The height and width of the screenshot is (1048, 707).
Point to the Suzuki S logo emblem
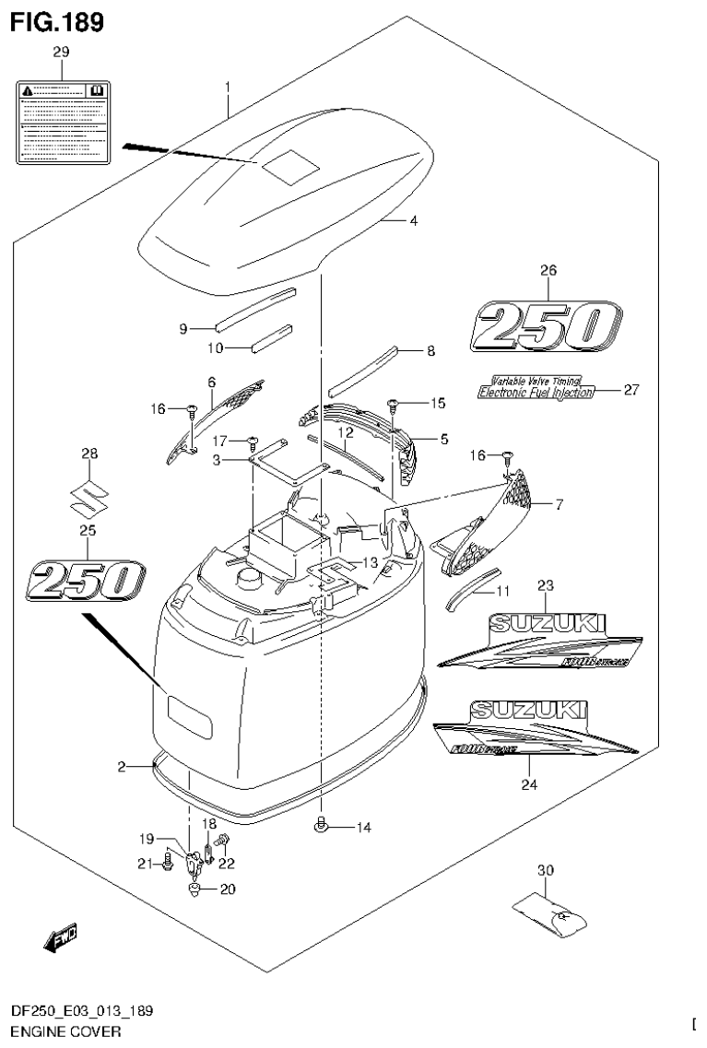pyautogui.click(x=88, y=499)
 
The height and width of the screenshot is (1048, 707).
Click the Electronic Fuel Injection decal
pyautogui.click(x=535, y=391)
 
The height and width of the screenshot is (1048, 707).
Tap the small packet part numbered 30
pyautogui.click(x=550, y=913)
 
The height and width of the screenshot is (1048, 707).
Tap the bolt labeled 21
pyautogui.click(x=168, y=862)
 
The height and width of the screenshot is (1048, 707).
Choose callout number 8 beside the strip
pyautogui.click(x=430, y=351)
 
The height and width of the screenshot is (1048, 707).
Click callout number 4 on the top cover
pyautogui.click(x=414, y=221)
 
